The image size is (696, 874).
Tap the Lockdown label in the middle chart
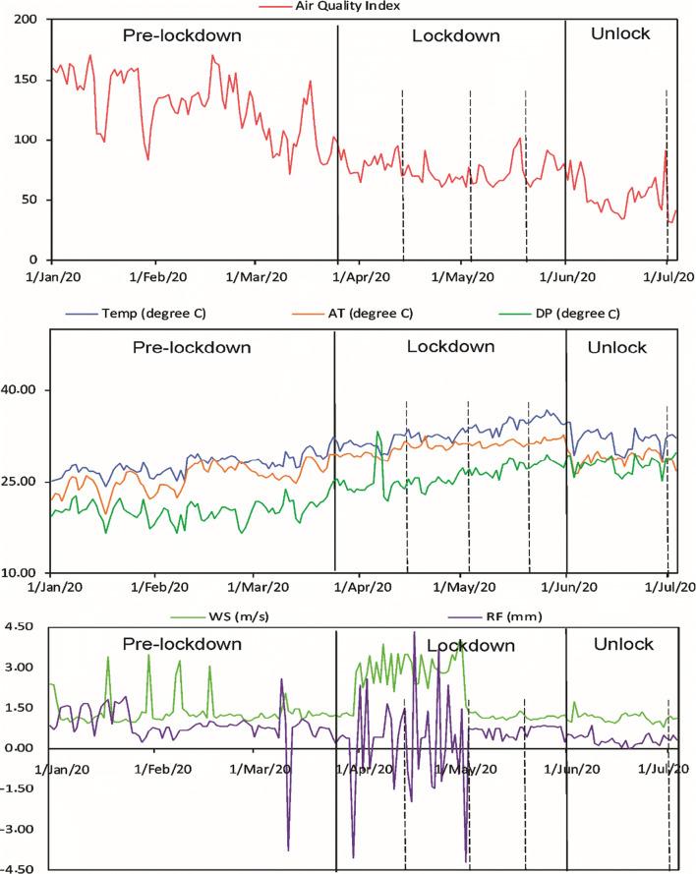pos(451,347)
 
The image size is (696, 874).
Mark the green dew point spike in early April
pos(377,433)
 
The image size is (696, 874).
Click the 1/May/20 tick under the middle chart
pos(469,588)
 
